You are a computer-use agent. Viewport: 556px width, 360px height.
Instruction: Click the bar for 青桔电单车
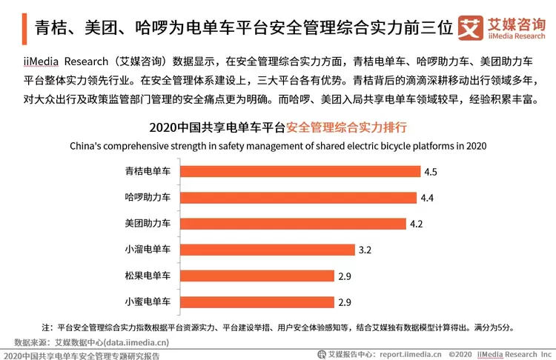click(x=298, y=172)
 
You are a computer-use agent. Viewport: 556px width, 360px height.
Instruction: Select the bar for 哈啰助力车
click(x=297, y=198)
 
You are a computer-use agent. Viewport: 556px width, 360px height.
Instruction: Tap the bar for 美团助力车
click(x=291, y=224)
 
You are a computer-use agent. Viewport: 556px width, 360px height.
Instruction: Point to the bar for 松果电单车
click(x=257, y=276)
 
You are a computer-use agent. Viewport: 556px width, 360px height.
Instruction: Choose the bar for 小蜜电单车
click(x=257, y=301)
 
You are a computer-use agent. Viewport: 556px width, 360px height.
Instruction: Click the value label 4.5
click(x=431, y=172)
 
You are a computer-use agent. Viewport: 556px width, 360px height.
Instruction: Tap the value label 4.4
click(x=427, y=198)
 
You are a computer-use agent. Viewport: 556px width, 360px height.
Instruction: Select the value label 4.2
click(x=417, y=224)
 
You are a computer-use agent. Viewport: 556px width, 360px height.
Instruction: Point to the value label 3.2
click(x=365, y=250)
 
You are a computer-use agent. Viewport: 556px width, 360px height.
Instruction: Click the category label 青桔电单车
click(x=148, y=172)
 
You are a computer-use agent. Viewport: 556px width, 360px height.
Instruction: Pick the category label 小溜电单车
click(x=148, y=250)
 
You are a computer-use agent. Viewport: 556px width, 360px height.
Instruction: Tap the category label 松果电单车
click(x=148, y=276)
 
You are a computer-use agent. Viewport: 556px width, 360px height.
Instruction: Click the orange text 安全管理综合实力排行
click(x=346, y=127)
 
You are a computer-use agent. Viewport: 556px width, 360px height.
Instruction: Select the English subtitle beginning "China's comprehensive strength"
click(x=278, y=145)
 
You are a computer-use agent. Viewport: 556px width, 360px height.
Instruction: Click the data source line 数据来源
click(x=91, y=341)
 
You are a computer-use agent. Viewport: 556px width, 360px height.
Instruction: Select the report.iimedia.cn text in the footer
click(x=411, y=353)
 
